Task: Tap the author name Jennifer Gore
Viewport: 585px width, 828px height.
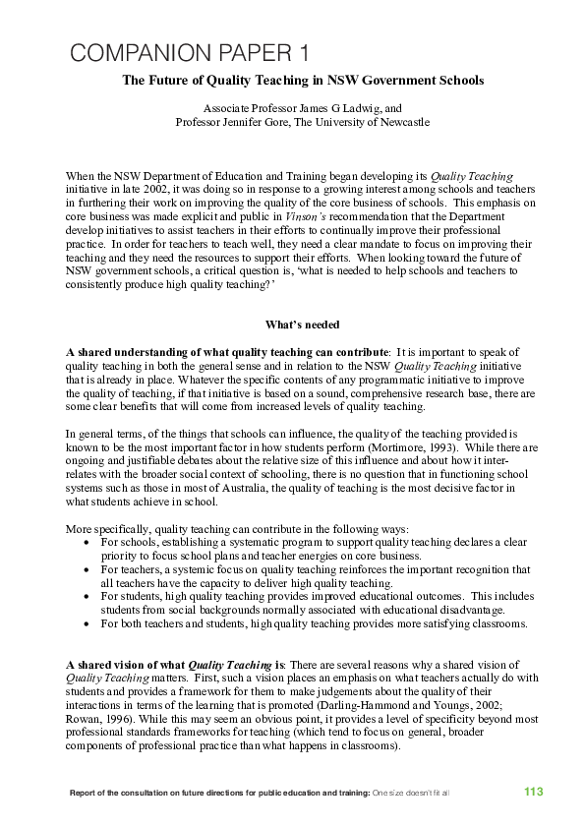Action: pos(259,122)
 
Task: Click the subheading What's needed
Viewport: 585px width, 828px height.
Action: pos(302,325)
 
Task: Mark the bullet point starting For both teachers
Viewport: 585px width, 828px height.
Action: pos(314,623)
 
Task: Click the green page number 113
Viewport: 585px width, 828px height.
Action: pos(533,792)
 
